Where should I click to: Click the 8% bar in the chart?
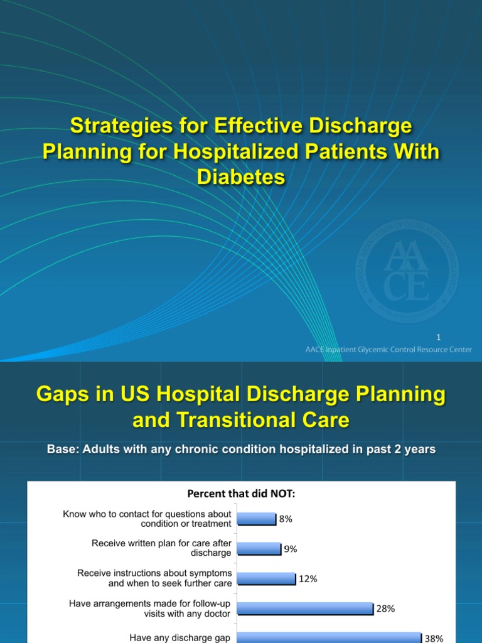[257, 519]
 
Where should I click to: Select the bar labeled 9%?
[259, 549]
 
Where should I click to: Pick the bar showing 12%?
[267, 578]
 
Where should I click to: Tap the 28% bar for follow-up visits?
[306, 608]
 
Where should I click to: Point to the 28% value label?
[385, 608]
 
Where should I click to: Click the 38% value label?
[434, 639]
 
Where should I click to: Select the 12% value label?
[308, 579]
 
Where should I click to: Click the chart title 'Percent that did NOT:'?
[241, 494]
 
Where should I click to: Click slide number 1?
[464, 337]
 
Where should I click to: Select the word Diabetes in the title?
[241, 178]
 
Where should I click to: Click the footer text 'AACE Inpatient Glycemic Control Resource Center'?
[386, 350]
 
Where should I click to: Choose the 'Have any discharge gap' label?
[180, 638]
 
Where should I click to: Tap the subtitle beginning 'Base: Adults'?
[241, 450]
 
